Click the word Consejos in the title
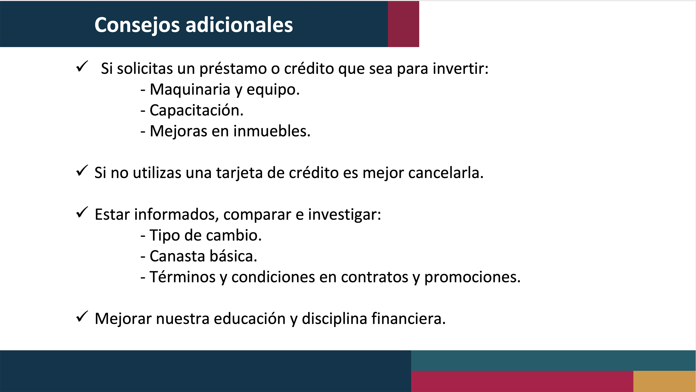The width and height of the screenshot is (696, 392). point(137,25)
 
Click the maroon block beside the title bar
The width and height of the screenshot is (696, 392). point(403,24)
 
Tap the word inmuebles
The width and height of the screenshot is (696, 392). point(272,131)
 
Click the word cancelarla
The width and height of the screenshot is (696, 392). point(446,173)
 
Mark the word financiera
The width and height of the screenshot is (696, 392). point(409,318)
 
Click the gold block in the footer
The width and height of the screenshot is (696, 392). point(665,381)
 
